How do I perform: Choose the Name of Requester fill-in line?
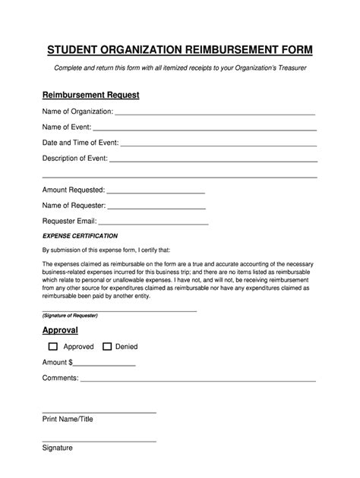pos(156,206)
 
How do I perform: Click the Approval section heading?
pos(60,331)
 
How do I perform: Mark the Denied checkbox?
pos(106,347)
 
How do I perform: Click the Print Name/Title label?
pos(67,418)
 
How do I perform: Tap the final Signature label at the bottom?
pos(57,448)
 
